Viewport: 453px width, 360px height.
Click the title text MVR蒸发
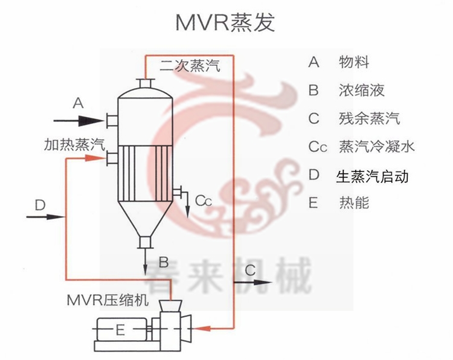225,22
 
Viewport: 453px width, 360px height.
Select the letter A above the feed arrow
77,103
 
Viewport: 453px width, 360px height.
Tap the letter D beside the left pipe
40,205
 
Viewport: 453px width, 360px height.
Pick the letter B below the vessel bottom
163,262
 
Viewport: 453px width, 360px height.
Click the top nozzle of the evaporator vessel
145,83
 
